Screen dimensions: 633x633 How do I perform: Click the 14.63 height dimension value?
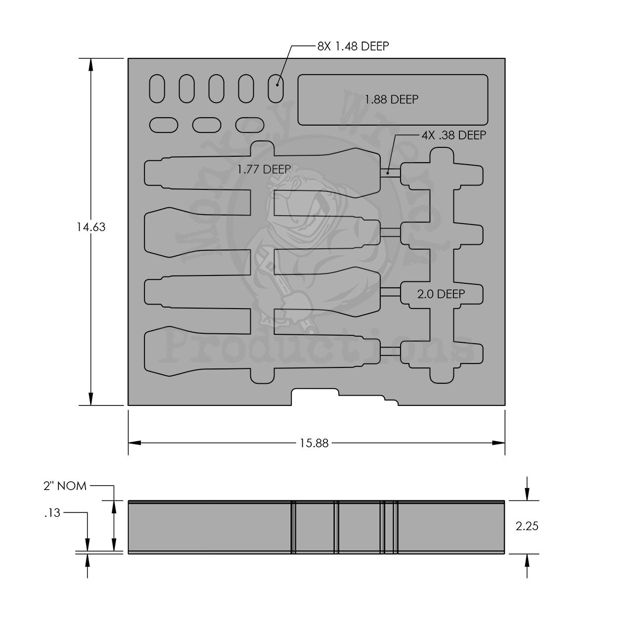(91, 227)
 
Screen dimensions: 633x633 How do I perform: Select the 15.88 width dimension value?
(314, 443)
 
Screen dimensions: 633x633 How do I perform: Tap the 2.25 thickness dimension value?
(527, 526)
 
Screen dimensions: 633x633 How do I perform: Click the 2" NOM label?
(65, 486)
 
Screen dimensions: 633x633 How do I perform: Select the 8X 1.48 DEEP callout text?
(353, 46)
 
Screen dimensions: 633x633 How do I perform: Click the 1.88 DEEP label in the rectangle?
(392, 99)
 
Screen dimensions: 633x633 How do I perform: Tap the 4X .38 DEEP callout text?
(453, 135)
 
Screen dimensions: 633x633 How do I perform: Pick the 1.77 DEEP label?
(264, 169)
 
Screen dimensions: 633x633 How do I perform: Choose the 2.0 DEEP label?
(441, 294)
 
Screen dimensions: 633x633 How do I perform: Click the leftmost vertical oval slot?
(157, 89)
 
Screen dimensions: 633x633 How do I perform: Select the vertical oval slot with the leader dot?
(275, 89)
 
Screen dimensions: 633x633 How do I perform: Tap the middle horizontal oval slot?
(206, 125)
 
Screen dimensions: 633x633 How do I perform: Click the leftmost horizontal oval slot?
(163, 125)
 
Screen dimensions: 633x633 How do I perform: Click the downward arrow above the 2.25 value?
(527, 493)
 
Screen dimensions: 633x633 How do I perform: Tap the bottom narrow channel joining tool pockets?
(390, 351)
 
